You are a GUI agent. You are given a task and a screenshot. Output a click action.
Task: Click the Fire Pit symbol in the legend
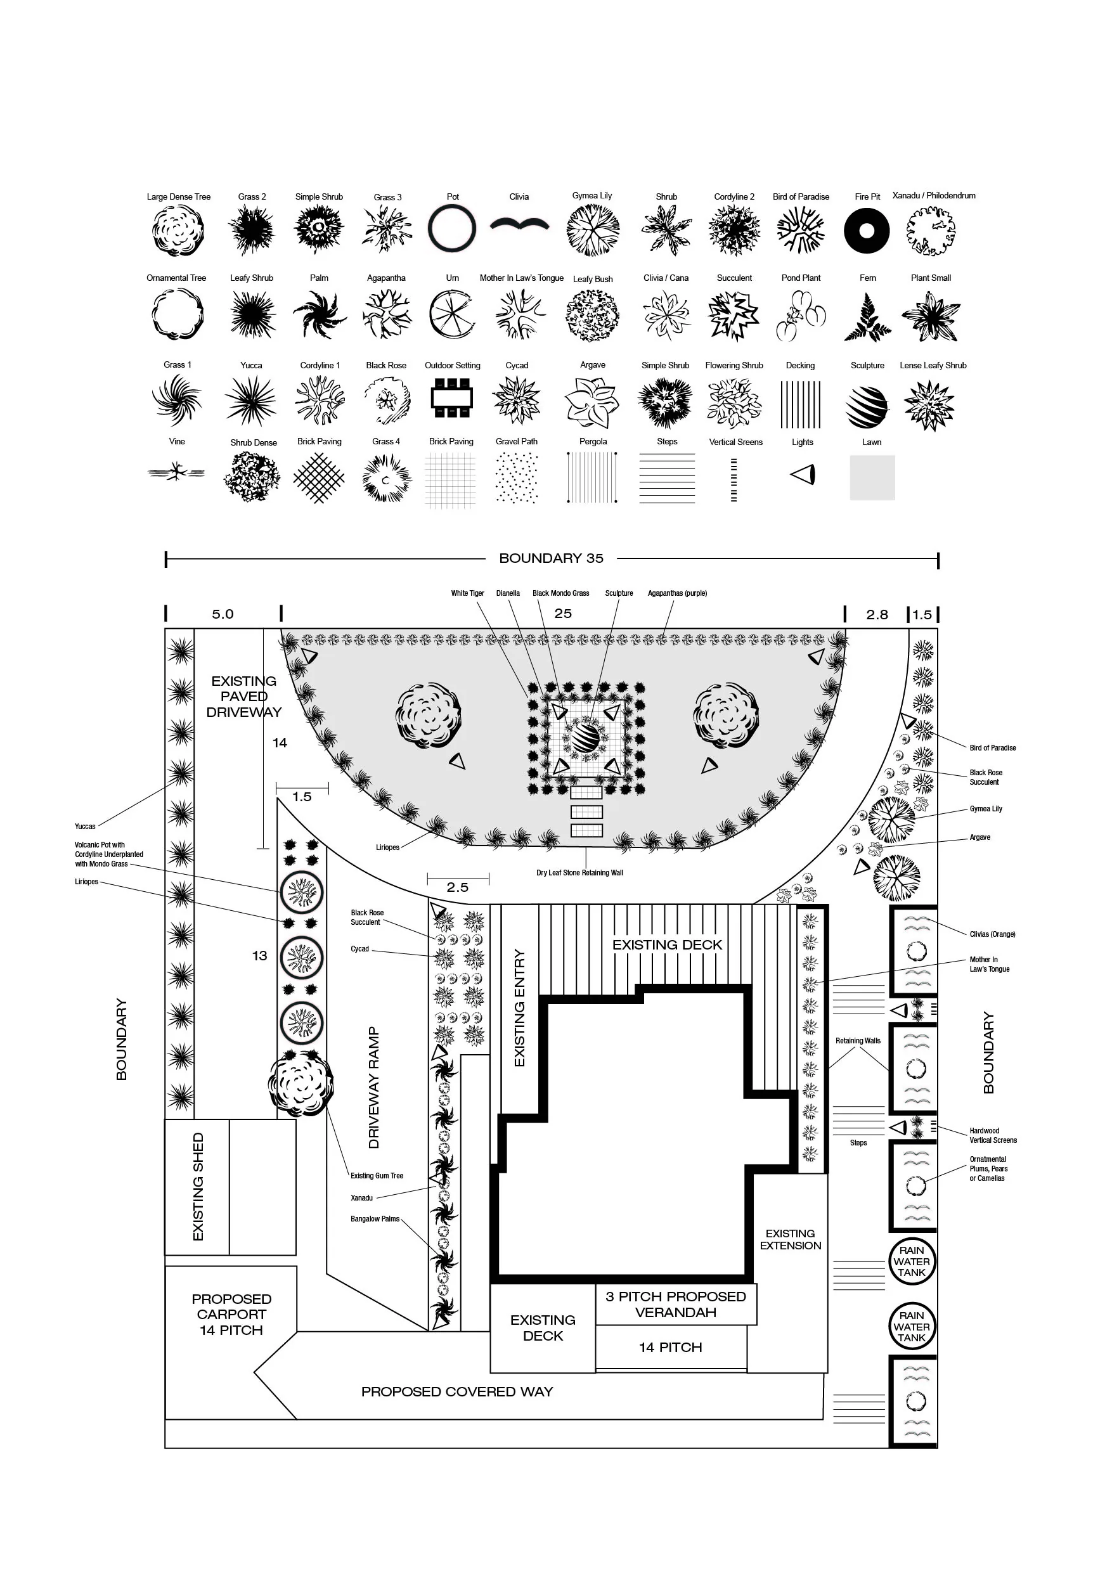coord(866,231)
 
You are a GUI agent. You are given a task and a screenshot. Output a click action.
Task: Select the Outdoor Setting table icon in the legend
coord(452,397)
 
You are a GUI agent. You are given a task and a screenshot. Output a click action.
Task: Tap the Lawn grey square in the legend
coord(872,477)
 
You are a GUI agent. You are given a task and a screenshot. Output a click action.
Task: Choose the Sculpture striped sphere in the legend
coord(866,406)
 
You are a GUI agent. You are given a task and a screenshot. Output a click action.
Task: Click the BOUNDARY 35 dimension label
coord(551,558)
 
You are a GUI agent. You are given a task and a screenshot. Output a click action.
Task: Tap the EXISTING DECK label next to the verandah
coord(543,1327)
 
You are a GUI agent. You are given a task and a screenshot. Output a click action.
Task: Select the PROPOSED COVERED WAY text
coord(456,1391)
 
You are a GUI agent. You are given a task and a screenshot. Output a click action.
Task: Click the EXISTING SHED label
coord(198,1187)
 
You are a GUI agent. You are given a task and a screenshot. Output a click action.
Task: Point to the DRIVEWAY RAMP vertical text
coord(373,1087)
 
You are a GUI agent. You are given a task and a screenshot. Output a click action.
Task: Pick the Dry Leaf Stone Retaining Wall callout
coord(579,873)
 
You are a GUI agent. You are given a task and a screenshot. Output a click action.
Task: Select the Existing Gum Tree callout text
coord(377,1176)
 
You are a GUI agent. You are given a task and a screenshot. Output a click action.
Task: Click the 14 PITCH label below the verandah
coord(670,1348)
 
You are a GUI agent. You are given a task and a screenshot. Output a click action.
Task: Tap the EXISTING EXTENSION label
coord(790,1239)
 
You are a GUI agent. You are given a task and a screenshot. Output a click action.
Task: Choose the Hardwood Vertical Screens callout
coord(993,1135)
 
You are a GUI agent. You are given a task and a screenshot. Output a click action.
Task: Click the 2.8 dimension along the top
coord(877,614)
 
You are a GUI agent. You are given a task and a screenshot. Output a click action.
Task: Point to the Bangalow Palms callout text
coord(375,1219)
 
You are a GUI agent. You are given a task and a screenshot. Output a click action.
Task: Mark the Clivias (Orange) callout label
coord(992,934)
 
